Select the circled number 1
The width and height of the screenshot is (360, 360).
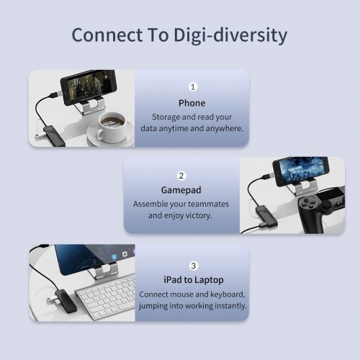(192, 86)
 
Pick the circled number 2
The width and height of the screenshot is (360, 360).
(181, 175)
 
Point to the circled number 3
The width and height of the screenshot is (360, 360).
(193, 265)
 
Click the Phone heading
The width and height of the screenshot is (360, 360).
(192, 103)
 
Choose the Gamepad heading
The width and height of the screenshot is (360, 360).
(181, 191)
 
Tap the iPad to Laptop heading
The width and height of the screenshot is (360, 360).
(193, 279)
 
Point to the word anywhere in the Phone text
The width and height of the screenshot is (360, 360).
(224, 128)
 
